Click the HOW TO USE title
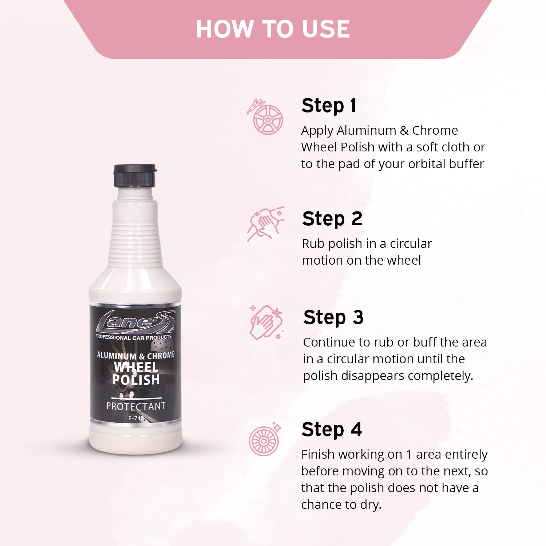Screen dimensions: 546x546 pyautogui.click(x=273, y=29)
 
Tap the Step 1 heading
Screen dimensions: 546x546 pyautogui.click(x=329, y=106)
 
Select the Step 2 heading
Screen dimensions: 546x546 pyautogui.click(x=332, y=219)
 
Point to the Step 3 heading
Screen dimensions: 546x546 pyautogui.click(x=333, y=317)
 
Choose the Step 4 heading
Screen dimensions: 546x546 pyautogui.click(x=332, y=430)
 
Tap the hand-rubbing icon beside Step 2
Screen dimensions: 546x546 pyautogui.click(x=265, y=224)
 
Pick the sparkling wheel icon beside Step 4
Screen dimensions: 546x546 pyautogui.click(x=265, y=439)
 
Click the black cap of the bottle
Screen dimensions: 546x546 pyautogui.click(x=135, y=175)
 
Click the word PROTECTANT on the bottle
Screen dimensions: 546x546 pyautogui.click(x=136, y=406)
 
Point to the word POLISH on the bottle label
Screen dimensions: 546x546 pyautogui.click(x=136, y=380)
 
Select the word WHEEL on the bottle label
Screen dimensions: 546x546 pyautogui.click(x=136, y=367)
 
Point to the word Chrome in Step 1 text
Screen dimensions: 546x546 pyautogui.click(x=435, y=130)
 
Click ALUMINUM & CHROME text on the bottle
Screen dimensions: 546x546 pyautogui.click(x=136, y=355)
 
